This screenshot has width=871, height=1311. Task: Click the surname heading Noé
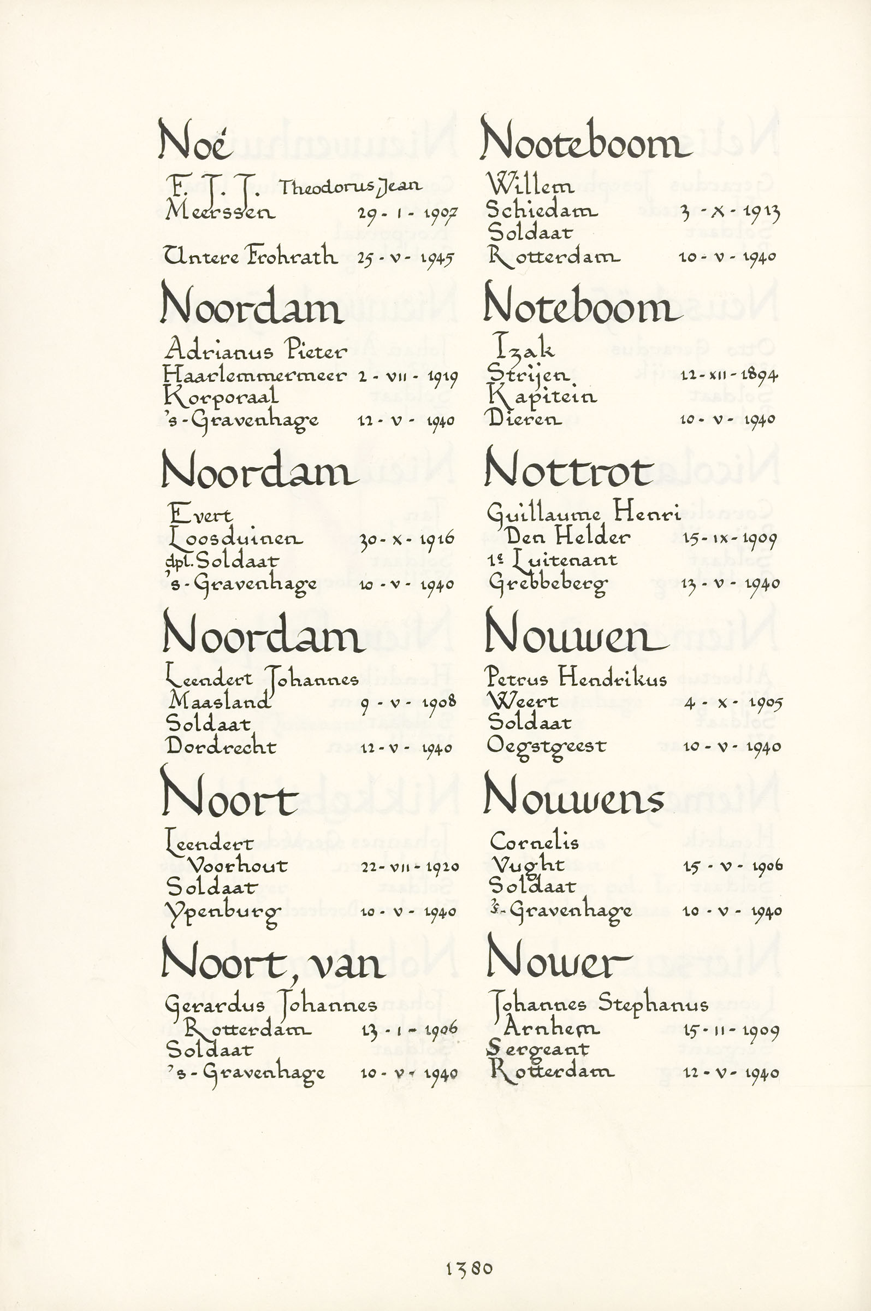point(193,139)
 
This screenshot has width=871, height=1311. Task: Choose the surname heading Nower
point(558,959)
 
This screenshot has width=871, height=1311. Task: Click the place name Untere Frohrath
point(251,256)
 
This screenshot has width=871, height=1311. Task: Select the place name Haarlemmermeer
point(254,375)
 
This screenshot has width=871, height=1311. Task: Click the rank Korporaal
point(221,397)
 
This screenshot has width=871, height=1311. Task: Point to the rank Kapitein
point(542,397)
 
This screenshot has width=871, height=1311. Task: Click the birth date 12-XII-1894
point(728,375)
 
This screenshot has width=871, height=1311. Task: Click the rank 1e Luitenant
point(552,560)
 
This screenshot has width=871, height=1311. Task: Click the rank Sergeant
point(538,1049)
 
